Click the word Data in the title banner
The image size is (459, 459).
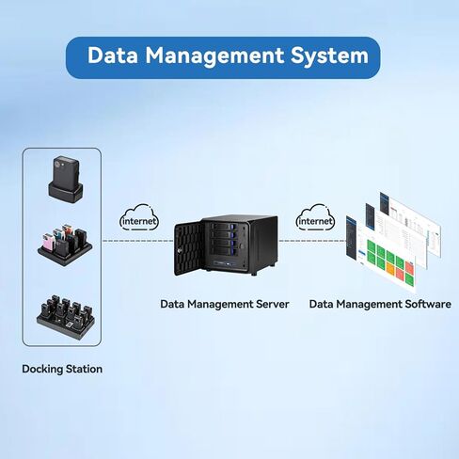click(112, 55)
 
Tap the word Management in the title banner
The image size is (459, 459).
click(214, 56)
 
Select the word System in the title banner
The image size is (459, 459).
click(329, 56)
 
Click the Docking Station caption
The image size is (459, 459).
click(62, 369)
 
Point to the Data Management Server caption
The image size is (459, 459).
click(225, 304)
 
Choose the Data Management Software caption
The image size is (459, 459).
click(380, 304)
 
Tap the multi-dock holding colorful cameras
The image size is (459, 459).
click(65, 245)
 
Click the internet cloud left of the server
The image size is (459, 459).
click(139, 218)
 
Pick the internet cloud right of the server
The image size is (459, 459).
click(315, 218)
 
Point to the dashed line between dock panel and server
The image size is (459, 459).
click(138, 241)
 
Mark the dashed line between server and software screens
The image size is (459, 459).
click(312, 241)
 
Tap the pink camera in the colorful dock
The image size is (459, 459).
click(49, 242)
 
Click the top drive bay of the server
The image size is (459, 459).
click(222, 227)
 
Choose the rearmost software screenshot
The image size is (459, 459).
click(411, 223)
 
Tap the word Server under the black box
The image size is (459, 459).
click(273, 304)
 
